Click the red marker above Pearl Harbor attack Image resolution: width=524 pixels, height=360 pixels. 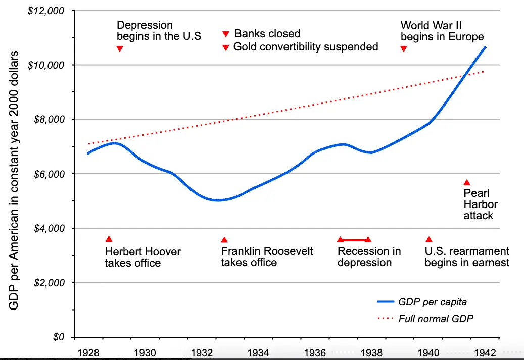coord(467,182)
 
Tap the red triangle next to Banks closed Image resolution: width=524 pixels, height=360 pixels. coord(226,34)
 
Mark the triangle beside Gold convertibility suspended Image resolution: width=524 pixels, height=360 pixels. coord(226,48)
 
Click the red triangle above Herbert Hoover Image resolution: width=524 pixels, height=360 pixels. coord(109,239)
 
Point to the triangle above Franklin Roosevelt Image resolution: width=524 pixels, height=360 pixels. coord(224,240)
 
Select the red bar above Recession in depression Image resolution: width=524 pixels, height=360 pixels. coord(354,240)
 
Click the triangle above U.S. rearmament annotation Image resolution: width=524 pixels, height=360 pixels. coord(429,240)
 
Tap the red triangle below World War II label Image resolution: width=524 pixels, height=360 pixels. coord(403,48)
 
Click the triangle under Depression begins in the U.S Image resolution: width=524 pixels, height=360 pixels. coord(120,48)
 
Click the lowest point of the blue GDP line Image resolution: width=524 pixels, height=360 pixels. coord(218,200)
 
